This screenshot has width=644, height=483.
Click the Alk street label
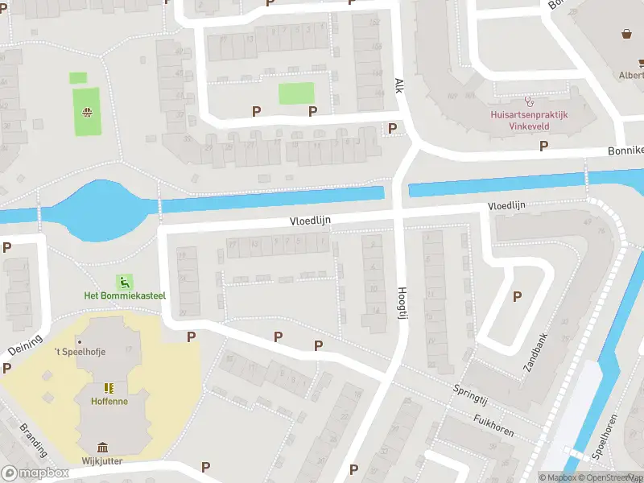pyautogui.click(x=398, y=85)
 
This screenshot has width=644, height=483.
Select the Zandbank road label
pyautogui.click(x=535, y=352)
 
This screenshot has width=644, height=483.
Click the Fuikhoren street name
pyautogui.click(x=494, y=424)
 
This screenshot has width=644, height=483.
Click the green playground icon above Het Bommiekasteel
pyautogui.click(x=125, y=282)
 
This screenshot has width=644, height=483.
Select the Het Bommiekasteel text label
pyautogui.click(x=125, y=295)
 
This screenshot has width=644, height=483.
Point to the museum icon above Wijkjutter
pyautogui.click(x=103, y=448)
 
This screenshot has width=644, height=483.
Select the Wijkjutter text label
pyautogui.click(x=102, y=461)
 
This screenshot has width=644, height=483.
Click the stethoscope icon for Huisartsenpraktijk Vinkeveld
pyautogui.click(x=529, y=101)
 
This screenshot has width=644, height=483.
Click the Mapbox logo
pyautogui.click(x=35, y=473)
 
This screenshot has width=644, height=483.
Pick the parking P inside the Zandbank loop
pyautogui.click(x=517, y=296)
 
